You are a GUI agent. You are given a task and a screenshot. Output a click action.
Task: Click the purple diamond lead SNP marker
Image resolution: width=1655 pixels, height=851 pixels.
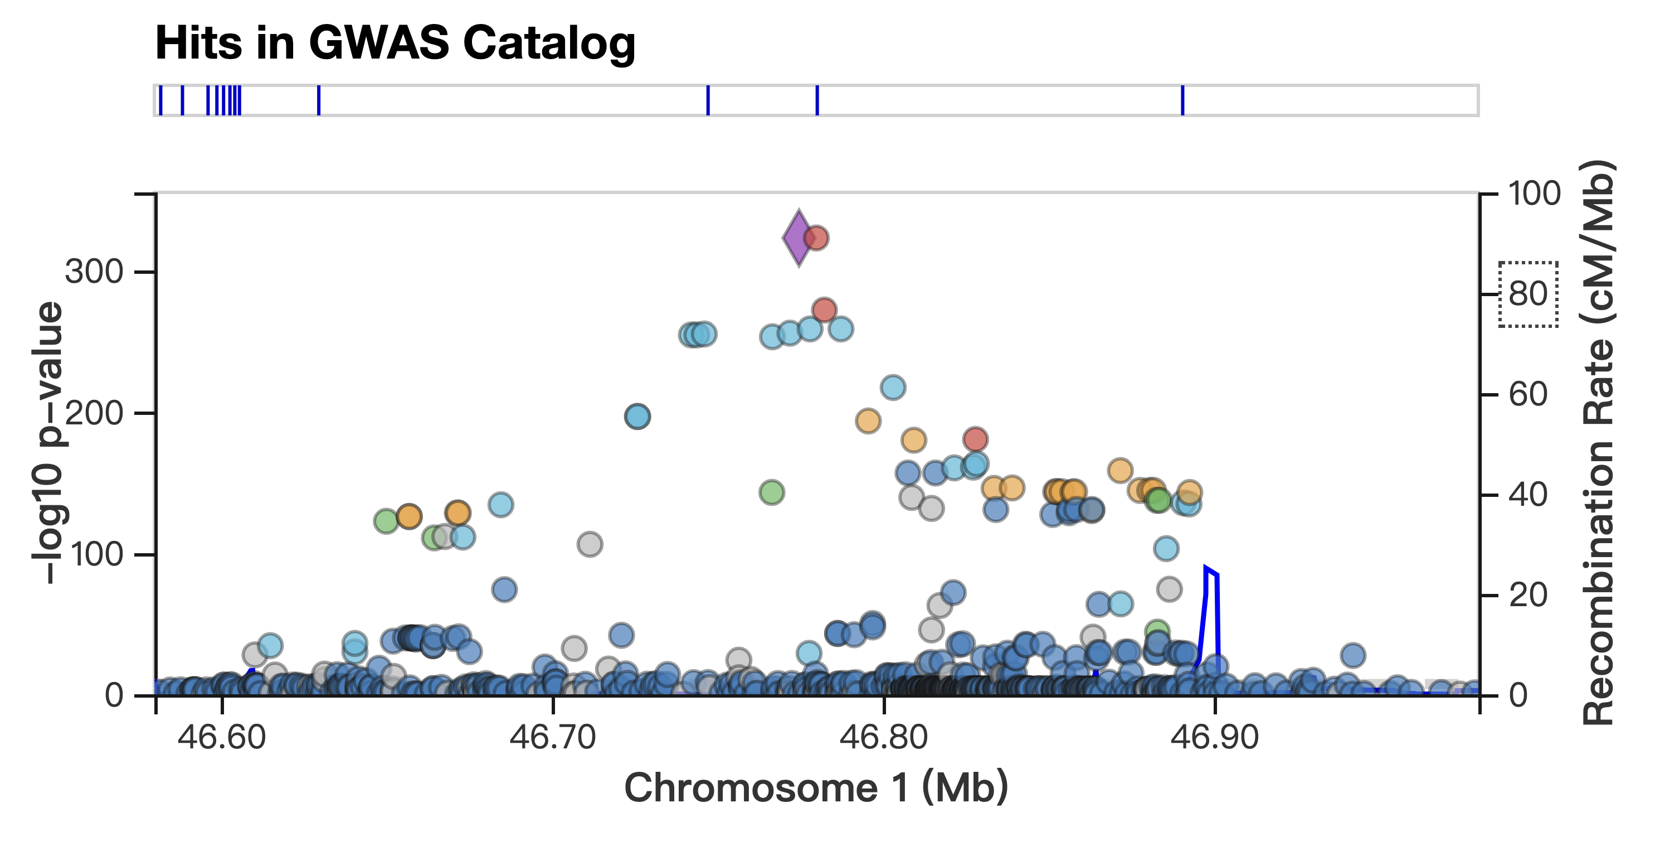[799, 238]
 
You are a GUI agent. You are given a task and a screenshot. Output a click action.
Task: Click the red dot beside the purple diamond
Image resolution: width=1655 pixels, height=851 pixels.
[816, 238]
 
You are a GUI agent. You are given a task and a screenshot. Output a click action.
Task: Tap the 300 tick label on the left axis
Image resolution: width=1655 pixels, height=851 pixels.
[94, 272]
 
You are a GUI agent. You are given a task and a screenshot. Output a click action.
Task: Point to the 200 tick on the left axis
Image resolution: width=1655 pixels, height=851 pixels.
[94, 413]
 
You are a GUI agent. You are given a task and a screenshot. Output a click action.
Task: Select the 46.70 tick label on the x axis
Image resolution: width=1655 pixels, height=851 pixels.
[553, 737]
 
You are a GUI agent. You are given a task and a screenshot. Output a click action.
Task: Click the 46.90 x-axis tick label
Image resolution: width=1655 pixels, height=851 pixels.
[1214, 737]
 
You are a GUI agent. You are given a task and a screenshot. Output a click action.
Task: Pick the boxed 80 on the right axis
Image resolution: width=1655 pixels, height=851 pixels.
[1528, 294]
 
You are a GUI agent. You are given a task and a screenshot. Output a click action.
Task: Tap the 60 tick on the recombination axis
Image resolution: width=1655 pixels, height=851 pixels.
[1528, 395]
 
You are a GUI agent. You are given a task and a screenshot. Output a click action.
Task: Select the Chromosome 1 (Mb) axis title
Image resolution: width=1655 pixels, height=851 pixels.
[816, 788]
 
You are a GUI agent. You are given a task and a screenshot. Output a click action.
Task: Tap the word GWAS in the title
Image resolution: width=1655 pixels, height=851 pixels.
[379, 43]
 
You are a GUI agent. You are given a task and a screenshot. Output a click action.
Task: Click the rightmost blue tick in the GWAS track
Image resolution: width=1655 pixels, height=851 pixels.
[1182, 100]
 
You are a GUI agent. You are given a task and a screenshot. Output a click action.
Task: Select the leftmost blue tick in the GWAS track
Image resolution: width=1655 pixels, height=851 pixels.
[160, 100]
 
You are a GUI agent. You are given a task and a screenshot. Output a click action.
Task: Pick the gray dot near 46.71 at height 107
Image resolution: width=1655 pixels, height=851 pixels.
[590, 544]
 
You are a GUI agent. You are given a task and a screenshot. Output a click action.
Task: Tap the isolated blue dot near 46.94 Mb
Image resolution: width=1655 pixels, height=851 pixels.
[1353, 656]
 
